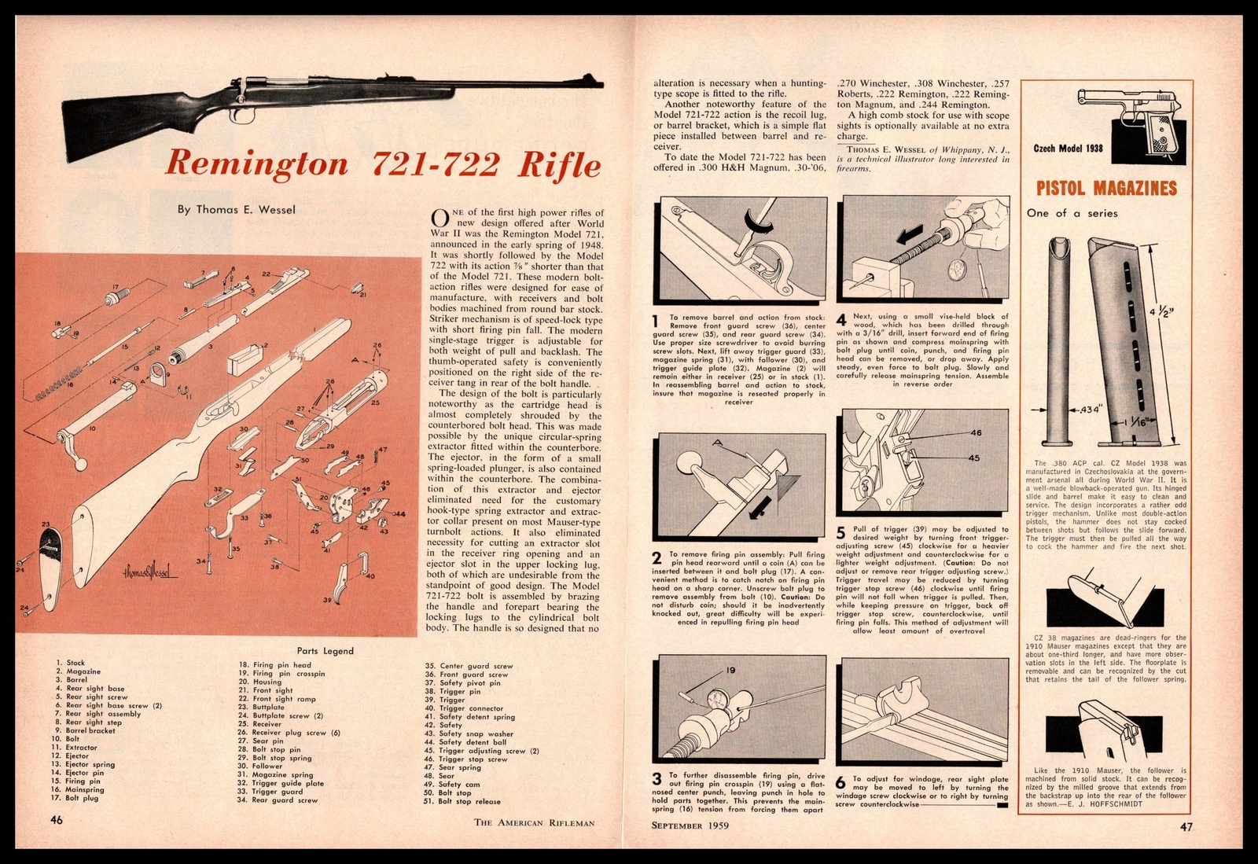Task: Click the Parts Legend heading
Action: (326, 650)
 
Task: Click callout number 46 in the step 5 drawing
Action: (976, 432)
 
